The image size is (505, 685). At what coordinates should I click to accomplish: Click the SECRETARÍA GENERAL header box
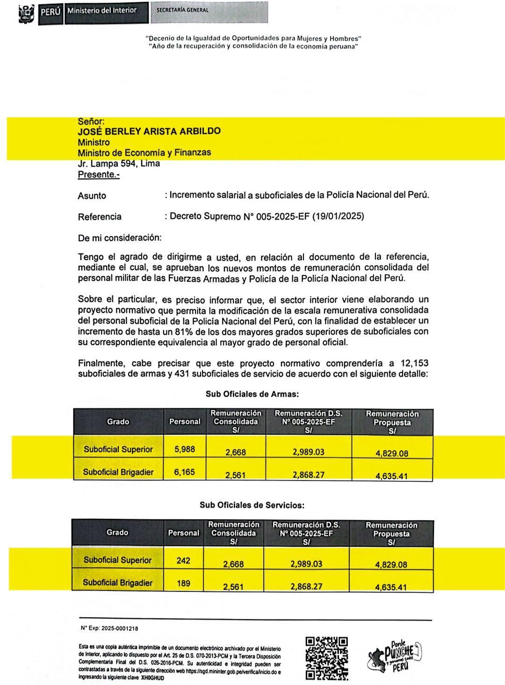coord(209,12)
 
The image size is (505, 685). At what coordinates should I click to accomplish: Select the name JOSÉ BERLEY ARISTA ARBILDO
coord(149,132)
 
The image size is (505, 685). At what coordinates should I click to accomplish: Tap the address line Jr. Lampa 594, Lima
coord(119,164)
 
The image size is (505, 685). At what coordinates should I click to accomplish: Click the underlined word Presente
coord(98,175)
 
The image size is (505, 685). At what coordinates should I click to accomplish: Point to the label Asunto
coord(92,196)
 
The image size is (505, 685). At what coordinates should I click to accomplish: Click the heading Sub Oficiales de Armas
coord(252,394)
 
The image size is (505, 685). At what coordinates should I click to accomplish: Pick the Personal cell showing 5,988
coord(184,449)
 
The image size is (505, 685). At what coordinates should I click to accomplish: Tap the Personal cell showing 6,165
coord(184,472)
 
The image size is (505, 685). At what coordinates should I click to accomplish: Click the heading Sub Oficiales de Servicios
coord(252,505)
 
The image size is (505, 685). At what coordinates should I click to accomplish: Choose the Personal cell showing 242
coord(183,560)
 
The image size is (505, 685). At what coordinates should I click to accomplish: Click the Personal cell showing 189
coord(183,583)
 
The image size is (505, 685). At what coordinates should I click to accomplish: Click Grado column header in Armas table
coord(118,421)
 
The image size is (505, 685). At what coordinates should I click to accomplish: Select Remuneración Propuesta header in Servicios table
coord(391,533)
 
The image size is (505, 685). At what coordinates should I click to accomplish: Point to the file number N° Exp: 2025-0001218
coord(109,628)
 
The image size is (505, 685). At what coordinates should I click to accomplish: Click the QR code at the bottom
coord(326,657)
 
